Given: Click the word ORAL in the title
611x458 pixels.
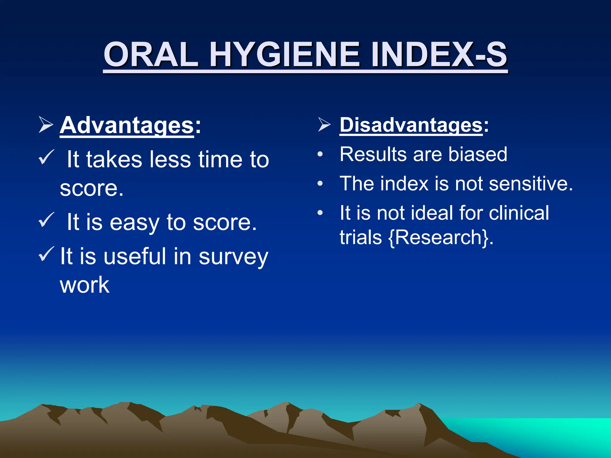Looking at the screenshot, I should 151,55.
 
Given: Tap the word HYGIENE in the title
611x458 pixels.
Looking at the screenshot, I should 285,55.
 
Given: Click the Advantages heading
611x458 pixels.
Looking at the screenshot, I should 127,125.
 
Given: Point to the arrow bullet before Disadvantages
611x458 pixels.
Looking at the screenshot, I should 324,125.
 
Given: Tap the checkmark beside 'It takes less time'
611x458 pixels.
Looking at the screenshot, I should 46,157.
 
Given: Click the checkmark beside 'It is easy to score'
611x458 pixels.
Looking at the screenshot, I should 46,220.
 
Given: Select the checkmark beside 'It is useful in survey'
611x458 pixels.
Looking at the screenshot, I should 46,254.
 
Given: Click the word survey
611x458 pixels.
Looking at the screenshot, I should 233,257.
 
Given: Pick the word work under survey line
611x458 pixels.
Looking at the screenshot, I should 85,285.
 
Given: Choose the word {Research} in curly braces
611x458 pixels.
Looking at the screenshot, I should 439,237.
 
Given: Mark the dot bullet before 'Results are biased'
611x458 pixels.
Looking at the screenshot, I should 320,154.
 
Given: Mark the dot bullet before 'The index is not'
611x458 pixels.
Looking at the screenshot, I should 320,184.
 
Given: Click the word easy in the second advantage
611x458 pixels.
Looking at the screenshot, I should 134,222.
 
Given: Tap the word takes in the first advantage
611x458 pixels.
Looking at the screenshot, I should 114,160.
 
